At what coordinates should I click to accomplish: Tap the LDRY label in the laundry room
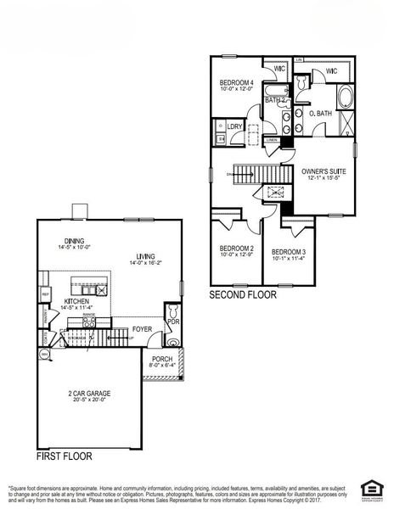click(235, 127)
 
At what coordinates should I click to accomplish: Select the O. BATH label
click(320, 113)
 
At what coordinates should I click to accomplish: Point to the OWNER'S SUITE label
click(321, 171)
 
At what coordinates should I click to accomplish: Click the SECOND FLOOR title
click(243, 295)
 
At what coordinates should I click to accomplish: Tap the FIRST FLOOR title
click(65, 456)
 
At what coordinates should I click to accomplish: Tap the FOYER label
click(142, 329)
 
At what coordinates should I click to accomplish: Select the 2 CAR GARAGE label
click(90, 394)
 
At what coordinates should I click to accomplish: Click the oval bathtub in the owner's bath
click(345, 98)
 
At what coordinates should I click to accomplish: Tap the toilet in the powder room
click(174, 342)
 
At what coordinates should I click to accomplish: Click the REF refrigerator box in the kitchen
click(45, 295)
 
